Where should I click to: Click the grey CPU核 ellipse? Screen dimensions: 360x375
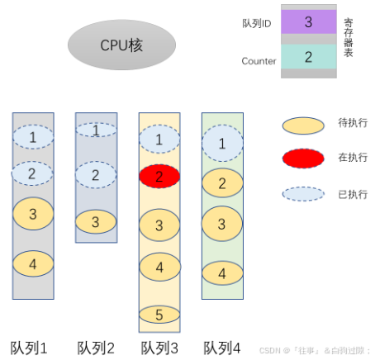coord(122,45)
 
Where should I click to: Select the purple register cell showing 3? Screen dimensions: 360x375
coord(308,21)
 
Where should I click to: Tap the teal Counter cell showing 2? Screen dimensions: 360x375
coord(308,56)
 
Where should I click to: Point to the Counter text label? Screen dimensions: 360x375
coord(259,61)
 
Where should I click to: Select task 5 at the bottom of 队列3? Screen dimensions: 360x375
coord(160,314)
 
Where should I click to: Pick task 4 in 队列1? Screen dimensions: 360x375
coord(33,265)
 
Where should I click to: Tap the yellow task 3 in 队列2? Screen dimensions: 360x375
coord(96,221)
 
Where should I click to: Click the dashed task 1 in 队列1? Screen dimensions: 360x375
coord(33,136)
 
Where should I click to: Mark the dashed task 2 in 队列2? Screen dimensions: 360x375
coord(96,175)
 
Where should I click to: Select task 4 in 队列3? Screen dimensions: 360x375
coord(160,267)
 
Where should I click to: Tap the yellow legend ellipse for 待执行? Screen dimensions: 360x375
coord(303,126)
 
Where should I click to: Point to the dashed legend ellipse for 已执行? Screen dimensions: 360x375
coord(303,194)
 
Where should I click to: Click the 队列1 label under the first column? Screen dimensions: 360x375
coord(29,347)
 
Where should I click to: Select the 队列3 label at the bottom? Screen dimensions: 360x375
coord(159,347)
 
